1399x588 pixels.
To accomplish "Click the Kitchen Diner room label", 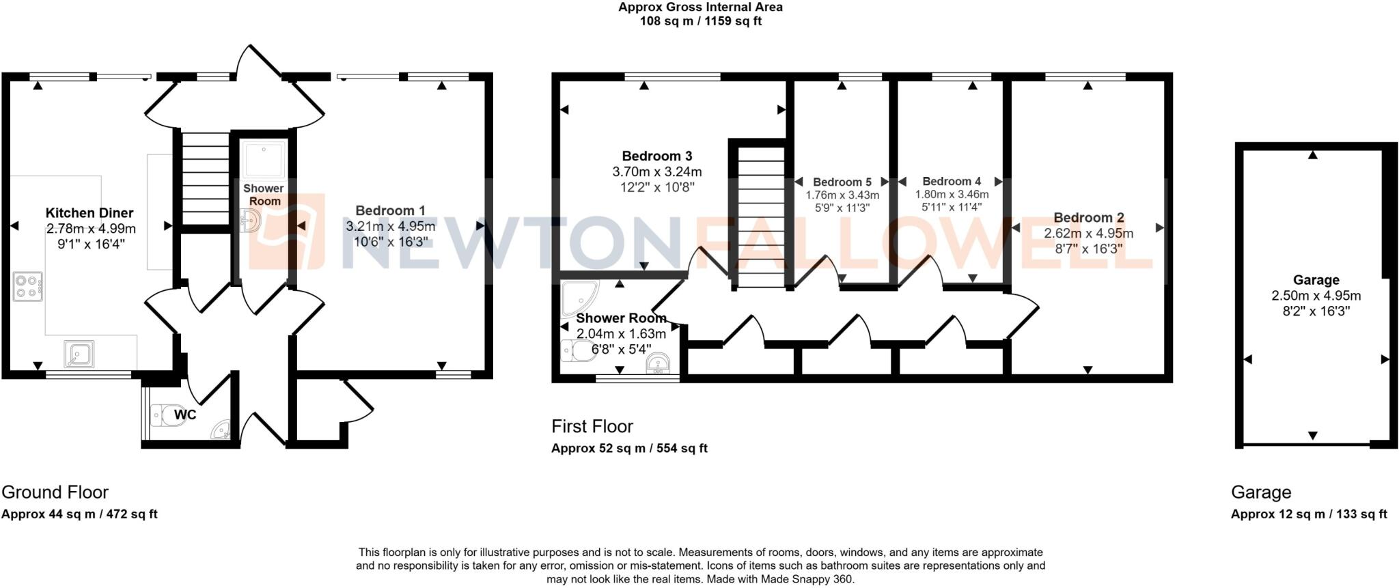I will [89, 213].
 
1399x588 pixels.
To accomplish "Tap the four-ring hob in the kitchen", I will [28, 287].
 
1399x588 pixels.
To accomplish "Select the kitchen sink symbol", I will [79, 354].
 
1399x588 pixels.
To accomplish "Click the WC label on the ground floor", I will [185, 415].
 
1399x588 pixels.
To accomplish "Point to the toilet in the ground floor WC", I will [166, 415].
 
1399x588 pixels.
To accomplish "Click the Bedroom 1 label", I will [390, 210].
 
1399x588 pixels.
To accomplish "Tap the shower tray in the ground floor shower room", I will [262, 159].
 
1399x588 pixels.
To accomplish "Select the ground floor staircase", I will [204, 178].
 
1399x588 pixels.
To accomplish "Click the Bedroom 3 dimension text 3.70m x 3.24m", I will [657, 171].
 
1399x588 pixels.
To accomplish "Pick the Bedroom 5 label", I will [842, 182].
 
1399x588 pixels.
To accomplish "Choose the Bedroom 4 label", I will [951, 181].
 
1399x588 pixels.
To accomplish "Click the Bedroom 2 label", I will [1088, 217].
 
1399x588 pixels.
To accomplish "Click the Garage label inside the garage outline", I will [1316, 279].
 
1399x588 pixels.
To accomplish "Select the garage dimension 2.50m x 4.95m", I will [1316, 296].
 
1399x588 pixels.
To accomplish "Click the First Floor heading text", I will [592, 426].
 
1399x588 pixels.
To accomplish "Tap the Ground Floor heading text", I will [55, 492].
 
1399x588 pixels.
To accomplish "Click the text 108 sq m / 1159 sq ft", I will [700, 21].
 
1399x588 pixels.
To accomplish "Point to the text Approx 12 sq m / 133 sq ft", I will [1308, 514].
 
